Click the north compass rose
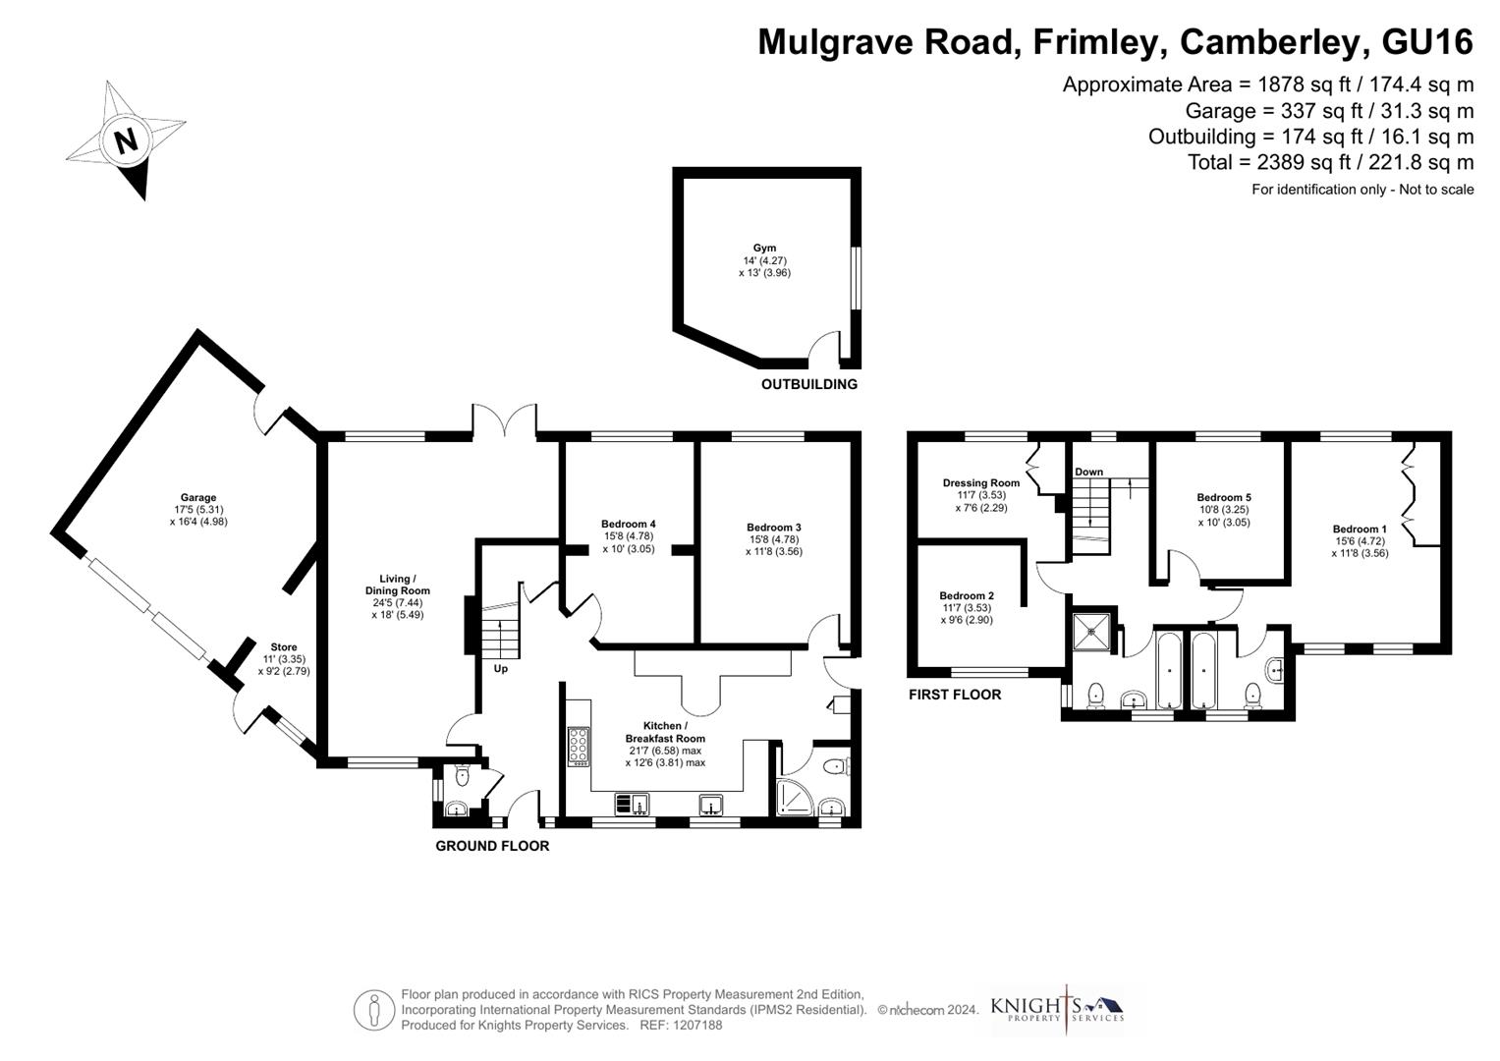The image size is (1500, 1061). (126, 140)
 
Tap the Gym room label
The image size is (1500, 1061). (764, 249)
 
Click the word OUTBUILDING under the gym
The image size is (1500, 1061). (808, 384)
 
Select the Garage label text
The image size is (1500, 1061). (197, 498)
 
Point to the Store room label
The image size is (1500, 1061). (284, 647)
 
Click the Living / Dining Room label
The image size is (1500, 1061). (397, 585)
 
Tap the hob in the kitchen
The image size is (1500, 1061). (579, 746)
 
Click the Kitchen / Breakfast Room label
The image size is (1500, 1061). (665, 732)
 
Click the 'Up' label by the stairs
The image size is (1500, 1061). (501, 669)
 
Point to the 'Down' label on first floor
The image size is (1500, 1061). (1088, 472)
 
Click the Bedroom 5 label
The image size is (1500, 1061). (1223, 498)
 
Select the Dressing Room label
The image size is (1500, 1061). (980, 482)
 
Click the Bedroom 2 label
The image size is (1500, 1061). (966, 595)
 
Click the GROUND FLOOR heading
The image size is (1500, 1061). (492, 846)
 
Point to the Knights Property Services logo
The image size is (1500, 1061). (1057, 1009)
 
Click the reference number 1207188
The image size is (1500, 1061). (695, 1025)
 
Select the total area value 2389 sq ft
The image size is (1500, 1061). (1288, 162)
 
